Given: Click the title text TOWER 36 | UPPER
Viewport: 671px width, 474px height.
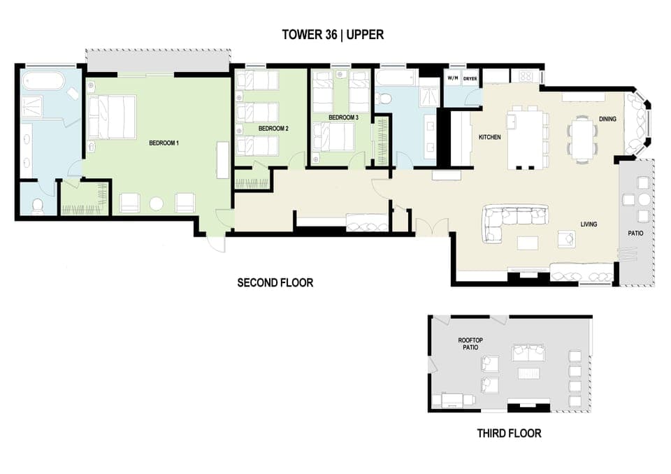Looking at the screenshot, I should coord(333,34).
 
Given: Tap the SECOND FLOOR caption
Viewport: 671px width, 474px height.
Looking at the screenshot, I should coord(275,283).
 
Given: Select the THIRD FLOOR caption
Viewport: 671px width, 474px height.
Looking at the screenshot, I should coord(509,433).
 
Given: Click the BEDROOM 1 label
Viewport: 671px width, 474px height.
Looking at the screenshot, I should coord(164,143).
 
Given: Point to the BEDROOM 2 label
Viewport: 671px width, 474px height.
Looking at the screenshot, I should coord(273,129).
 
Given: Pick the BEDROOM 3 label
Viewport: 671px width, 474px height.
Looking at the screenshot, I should coord(343,118).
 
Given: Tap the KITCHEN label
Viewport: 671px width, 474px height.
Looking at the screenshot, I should coord(489,138).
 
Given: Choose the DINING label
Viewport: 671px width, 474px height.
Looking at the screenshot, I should coord(607,120).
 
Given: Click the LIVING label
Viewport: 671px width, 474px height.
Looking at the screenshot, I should coord(588,224).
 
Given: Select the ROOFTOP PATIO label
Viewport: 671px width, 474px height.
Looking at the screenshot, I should coord(470,344).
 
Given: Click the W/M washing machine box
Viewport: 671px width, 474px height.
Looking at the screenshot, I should coord(452,78).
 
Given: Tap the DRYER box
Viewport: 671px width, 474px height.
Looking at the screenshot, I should coord(470,78).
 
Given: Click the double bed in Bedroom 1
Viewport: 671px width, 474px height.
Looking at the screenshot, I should coord(112,117).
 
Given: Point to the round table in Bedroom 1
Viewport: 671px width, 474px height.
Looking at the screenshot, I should coord(157,203).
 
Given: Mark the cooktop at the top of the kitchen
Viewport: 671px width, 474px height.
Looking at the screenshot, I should coord(526,76).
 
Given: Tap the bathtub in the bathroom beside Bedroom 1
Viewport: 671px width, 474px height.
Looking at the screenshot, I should coord(43,83).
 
